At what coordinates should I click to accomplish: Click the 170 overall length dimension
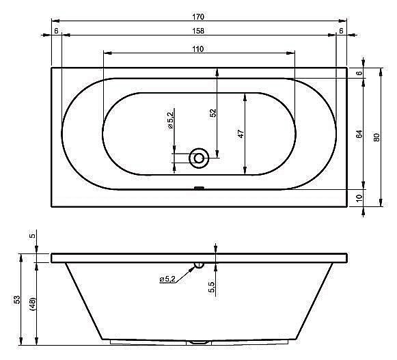[x=198, y=16]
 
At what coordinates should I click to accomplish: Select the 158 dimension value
[x=198, y=31]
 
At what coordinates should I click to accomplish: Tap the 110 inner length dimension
[x=198, y=49]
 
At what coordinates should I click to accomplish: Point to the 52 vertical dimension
[x=213, y=113]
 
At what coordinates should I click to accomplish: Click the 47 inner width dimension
[x=241, y=134]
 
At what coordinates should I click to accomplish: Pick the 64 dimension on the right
[x=359, y=134]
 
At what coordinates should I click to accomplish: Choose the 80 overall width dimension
[x=377, y=137]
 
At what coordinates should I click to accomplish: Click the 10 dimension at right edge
[x=359, y=198]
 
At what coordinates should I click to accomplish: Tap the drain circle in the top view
[x=199, y=158]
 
